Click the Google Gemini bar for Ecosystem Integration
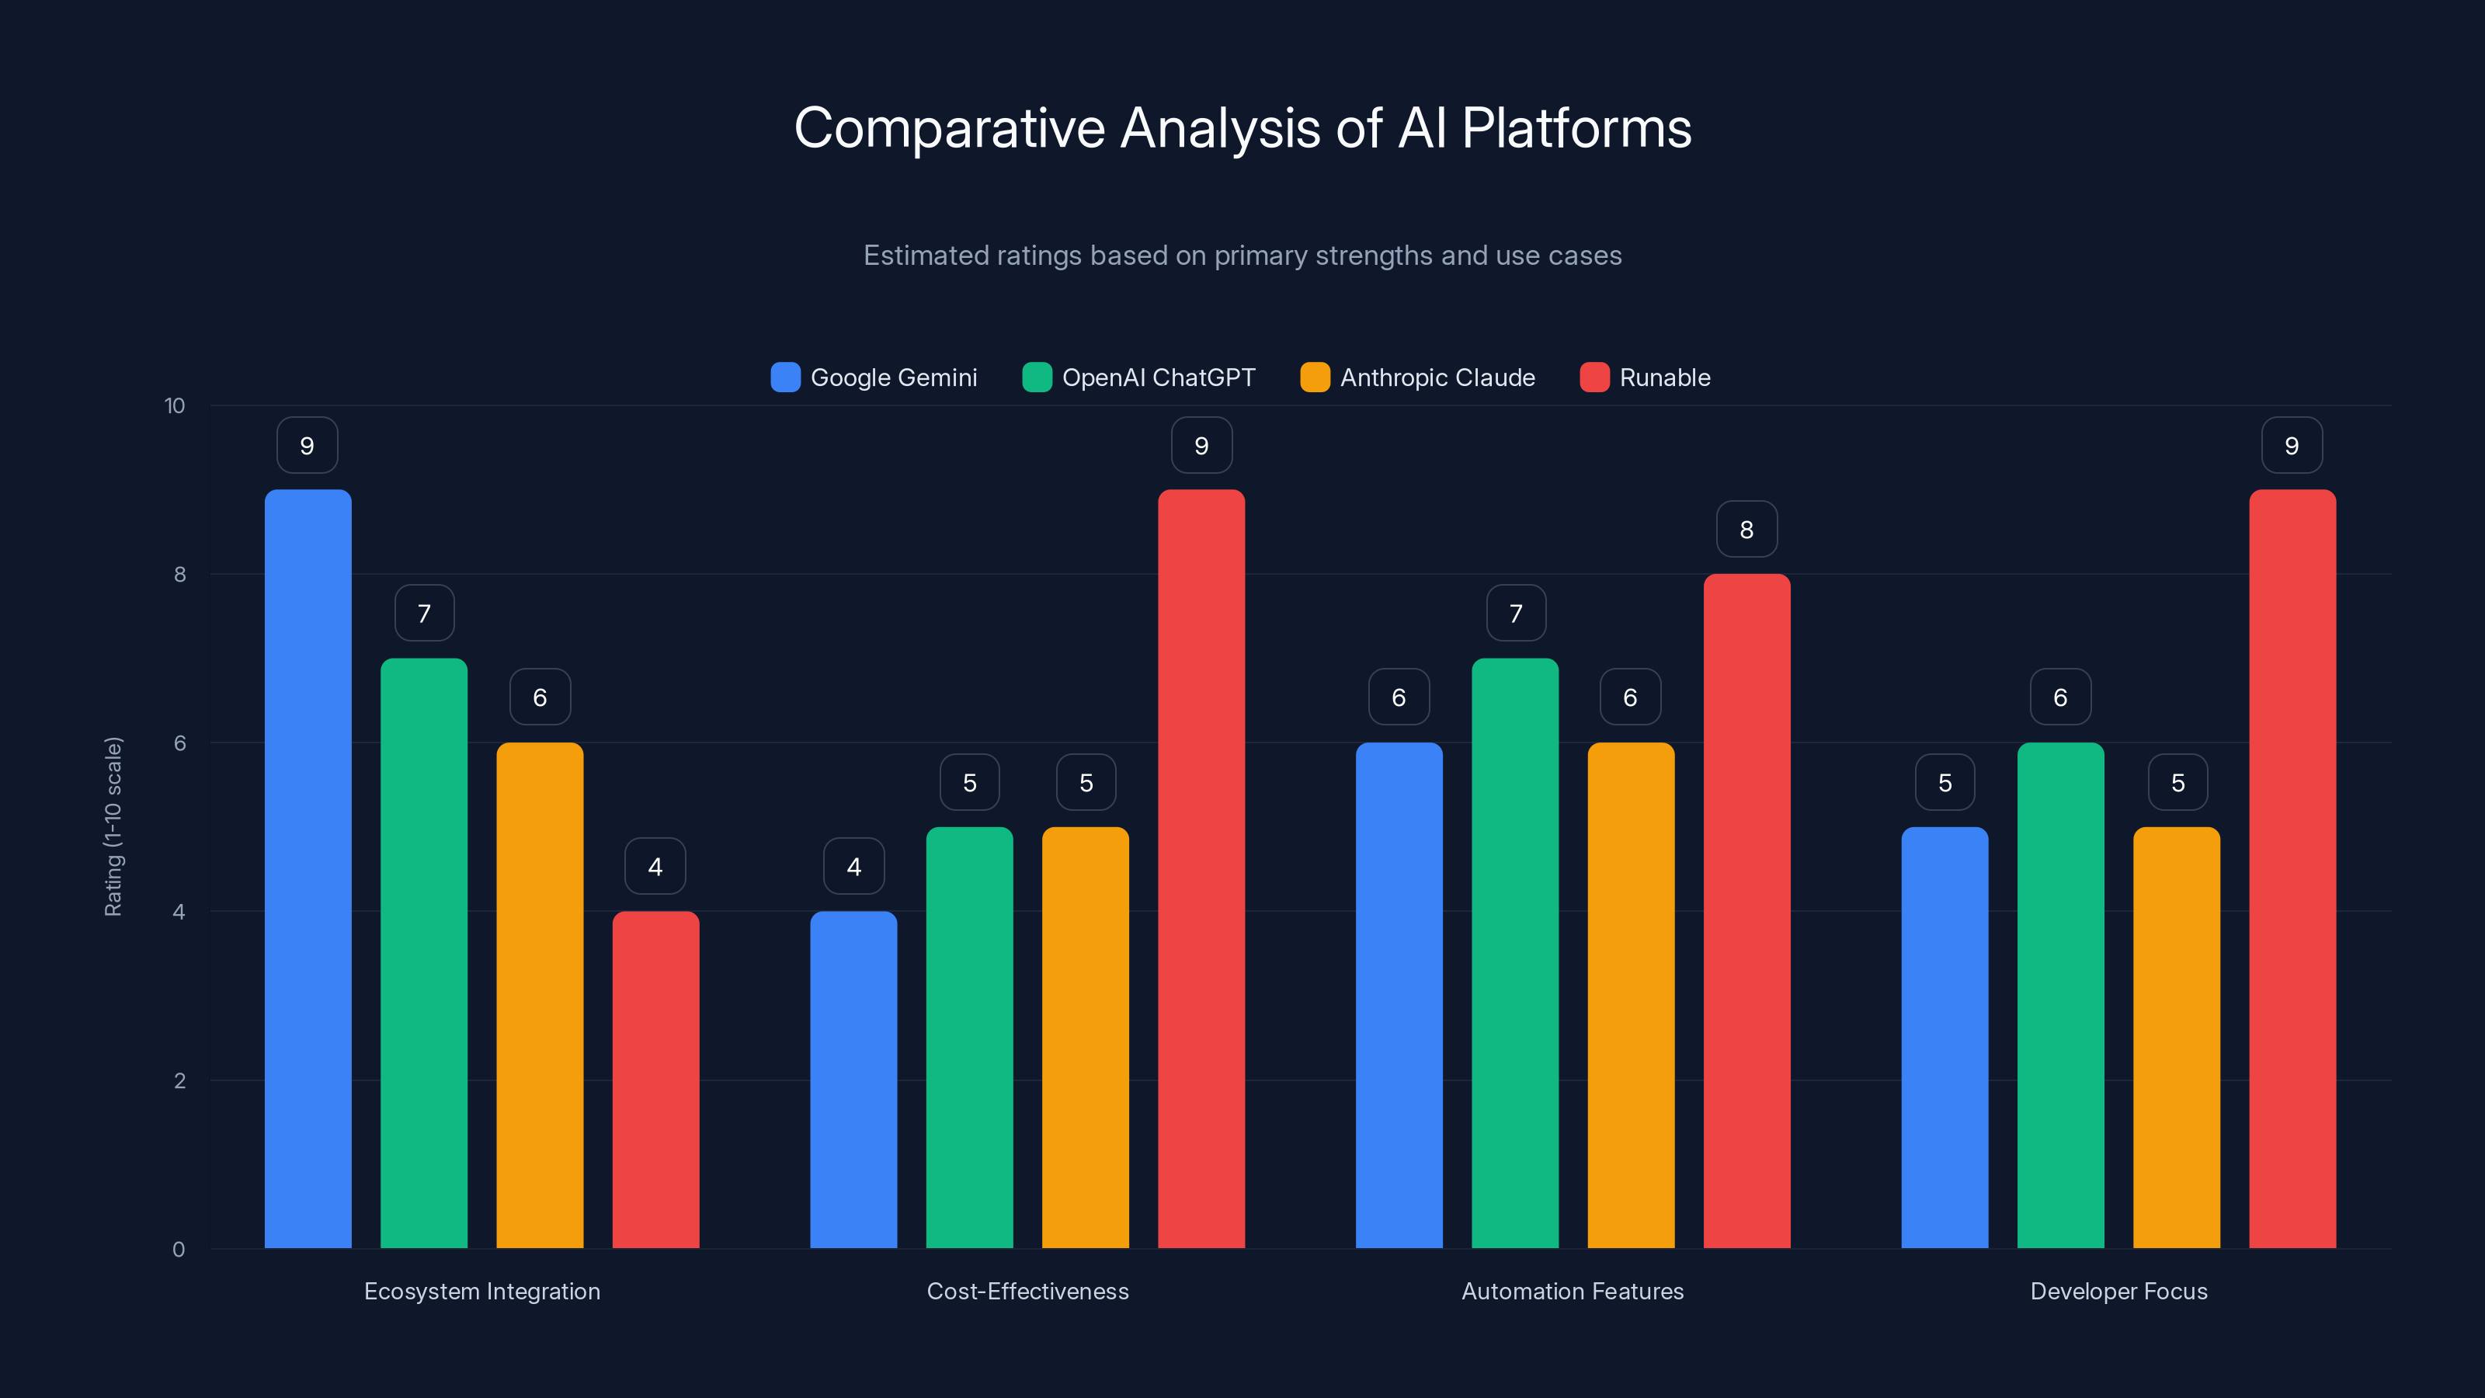point(308,868)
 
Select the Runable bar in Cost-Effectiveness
point(1201,868)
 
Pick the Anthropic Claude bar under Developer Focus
point(2176,1037)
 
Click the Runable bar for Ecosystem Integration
point(655,1080)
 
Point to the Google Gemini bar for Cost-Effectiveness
point(853,1080)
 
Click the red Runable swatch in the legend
point(1594,377)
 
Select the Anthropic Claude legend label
point(1437,377)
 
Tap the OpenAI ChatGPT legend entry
point(1158,377)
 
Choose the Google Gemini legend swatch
point(785,377)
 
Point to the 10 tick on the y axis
point(175,406)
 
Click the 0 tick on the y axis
point(179,1250)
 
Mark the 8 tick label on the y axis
point(179,575)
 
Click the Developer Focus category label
point(2118,1291)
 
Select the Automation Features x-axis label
point(1573,1291)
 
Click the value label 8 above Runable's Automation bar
point(1746,530)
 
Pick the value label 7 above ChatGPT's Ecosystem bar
point(423,614)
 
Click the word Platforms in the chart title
point(1576,128)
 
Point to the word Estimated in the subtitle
point(925,256)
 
